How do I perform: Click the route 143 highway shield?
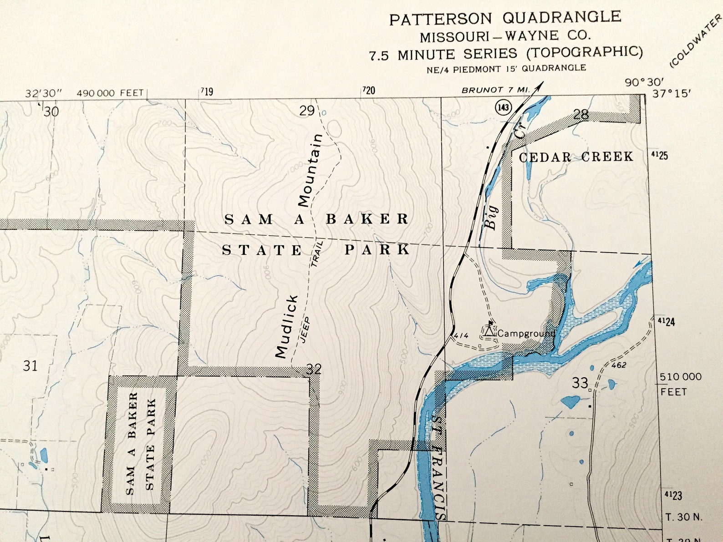[503, 107]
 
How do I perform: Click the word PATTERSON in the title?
[441, 19]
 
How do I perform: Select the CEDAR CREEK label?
[576, 157]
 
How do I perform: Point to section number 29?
[307, 111]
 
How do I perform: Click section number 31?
[30, 365]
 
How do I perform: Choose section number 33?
[580, 383]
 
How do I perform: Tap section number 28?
[581, 115]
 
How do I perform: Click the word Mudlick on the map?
[287, 326]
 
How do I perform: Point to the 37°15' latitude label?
[671, 94]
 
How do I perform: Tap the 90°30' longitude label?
[644, 82]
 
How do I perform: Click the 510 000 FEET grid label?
[681, 384]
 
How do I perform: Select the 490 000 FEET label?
[110, 93]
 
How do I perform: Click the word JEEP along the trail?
[305, 329]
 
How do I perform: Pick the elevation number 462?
[619, 365]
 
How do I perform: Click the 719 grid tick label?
[207, 92]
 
